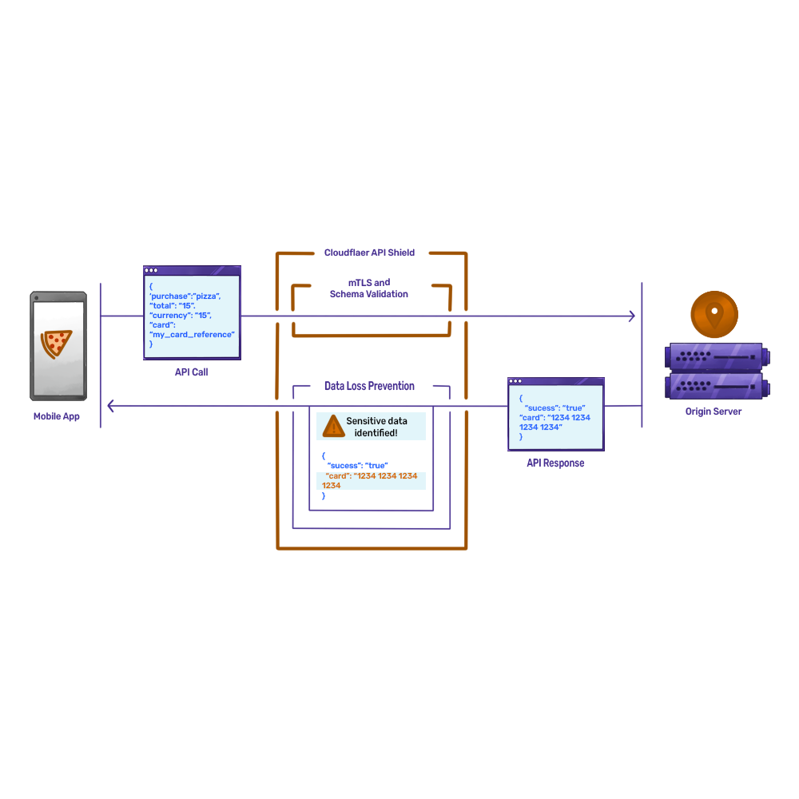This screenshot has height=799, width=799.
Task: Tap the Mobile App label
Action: coord(57,416)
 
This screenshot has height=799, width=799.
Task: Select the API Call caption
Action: coord(192,372)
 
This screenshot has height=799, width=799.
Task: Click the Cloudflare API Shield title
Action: coord(369,252)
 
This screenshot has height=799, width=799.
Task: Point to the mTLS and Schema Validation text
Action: coord(369,288)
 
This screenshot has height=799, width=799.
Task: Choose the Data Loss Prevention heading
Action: coord(369,386)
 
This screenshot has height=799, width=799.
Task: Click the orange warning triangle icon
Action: coord(333,426)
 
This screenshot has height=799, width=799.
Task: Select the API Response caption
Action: coord(555,463)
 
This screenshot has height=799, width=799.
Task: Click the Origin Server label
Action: coord(714,411)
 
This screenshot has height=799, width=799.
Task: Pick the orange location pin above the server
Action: coord(714,312)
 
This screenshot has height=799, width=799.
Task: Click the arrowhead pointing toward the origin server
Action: coord(632,316)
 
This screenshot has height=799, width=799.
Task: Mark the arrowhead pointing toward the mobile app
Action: coord(111,407)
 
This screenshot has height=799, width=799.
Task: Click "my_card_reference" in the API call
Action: coord(193,334)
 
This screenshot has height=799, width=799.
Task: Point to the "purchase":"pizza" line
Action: coord(185,296)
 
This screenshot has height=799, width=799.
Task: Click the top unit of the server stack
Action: coord(717,355)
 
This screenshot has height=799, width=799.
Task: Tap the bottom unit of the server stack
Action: coord(717,387)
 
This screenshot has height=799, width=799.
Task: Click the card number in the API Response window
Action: coord(555,422)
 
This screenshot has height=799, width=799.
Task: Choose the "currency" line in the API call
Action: coord(181,315)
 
